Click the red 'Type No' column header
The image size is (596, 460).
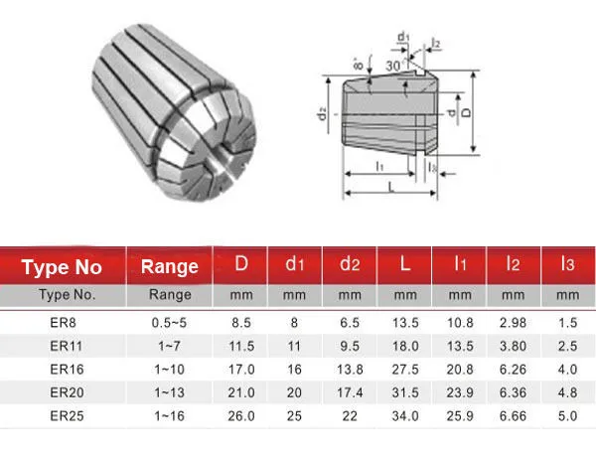pyautogui.click(x=62, y=267)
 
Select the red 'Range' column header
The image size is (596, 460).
pyautogui.click(x=170, y=267)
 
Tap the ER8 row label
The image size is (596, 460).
pyautogui.click(x=64, y=323)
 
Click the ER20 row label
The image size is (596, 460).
pyautogui.click(x=67, y=392)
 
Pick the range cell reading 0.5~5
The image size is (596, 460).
pyautogui.click(x=169, y=323)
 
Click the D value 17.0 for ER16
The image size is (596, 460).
pyautogui.click(x=241, y=370)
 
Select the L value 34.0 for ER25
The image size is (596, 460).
pyautogui.click(x=405, y=416)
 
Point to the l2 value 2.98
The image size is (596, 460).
pyautogui.click(x=513, y=323)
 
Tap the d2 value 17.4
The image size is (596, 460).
pyautogui.click(x=350, y=392)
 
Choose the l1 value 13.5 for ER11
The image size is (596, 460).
pyautogui.click(x=460, y=346)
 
